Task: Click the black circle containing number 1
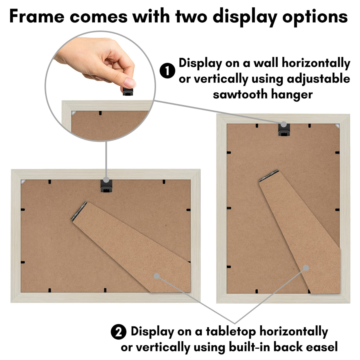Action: tap(167, 71)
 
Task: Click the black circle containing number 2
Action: tap(119, 332)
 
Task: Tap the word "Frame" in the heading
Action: tap(37, 16)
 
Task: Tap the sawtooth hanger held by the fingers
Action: tap(130, 92)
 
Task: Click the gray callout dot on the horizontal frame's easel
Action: tap(157, 276)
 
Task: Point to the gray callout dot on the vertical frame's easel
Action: tap(306, 268)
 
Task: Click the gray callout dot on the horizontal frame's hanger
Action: tap(106, 179)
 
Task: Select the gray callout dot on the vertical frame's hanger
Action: tap(284, 124)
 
